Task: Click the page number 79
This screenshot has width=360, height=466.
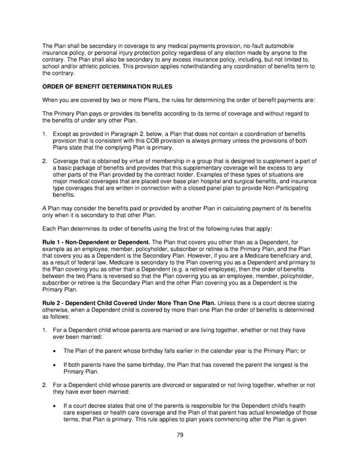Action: [x=180, y=435]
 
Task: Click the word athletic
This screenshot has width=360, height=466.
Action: [x=88, y=65]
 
